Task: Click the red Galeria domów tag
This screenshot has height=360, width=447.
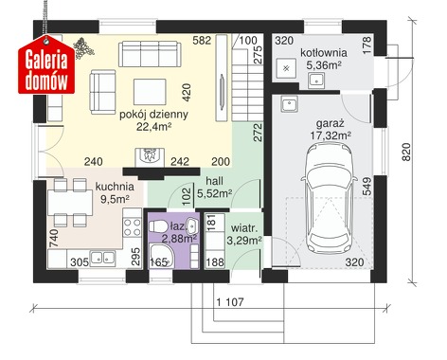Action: [x=46, y=65]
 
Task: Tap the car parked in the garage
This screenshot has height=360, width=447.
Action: [x=330, y=197]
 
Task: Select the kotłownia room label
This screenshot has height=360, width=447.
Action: [x=324, y=53]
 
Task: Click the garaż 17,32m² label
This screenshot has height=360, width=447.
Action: [x=331, y=130]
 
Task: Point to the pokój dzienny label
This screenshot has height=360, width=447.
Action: [x=153, y=115]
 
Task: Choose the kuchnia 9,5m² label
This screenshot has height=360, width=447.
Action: [x=115, y=192]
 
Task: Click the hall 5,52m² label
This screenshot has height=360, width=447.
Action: [x=215, y=187]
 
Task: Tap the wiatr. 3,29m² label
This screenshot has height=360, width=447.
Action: [x=244, y=234]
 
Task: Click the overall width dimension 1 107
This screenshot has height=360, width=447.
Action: [x=230, y=302]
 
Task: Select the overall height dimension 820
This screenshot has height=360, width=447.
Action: [x=407, y=152]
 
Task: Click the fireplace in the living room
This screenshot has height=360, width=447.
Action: [x=149, y=155]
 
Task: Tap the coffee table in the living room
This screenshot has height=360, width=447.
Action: [x=150, y=92]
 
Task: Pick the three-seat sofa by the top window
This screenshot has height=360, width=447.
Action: [x=150, y=54]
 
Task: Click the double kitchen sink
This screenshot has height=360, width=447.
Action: [x=102, y=258]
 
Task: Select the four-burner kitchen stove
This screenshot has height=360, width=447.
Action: [x=133, y=227]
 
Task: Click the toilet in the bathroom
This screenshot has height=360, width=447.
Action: [x=158, y=226]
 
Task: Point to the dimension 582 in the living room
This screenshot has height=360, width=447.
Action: [x=203, y=41]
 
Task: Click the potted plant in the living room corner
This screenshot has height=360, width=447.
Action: [x=83, y=48]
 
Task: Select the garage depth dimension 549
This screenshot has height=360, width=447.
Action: [x=367, y=186]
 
